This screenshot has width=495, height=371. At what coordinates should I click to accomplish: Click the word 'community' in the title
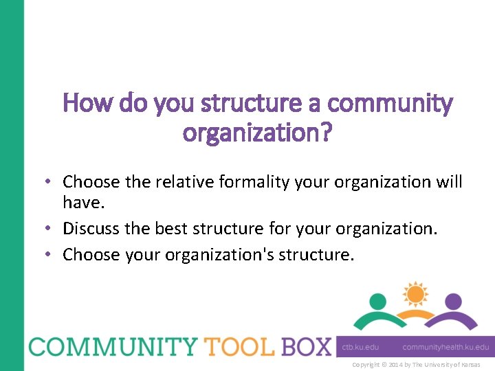point(390,104)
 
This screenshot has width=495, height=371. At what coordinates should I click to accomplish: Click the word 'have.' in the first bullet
point(82,202)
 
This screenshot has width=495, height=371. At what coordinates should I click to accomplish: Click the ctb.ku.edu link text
point(360,347)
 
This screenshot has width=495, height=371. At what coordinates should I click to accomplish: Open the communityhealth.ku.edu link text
point(446,347)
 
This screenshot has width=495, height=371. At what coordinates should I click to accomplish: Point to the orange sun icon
point(415,293)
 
